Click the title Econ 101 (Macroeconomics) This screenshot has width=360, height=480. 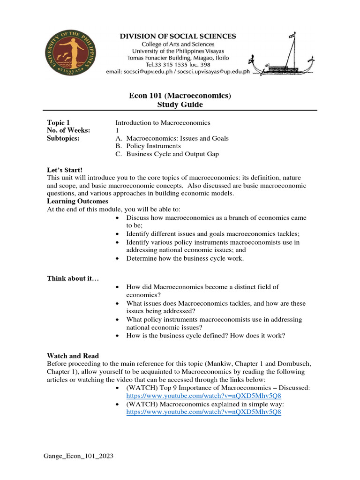click(180, 96)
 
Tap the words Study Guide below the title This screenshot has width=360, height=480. click(180, 105)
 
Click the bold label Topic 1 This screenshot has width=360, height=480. click(59, 122)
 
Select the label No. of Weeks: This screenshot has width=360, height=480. click(69, 130)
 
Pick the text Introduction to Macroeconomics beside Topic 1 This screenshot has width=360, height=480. click(163, 122)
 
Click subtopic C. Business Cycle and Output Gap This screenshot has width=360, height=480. click(167, 154)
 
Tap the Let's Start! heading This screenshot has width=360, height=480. click(65, 170)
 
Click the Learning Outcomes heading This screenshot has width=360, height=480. click(78, 201)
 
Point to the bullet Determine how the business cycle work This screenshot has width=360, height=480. click(185, 258)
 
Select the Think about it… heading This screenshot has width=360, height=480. click(73, 278)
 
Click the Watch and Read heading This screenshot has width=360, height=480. click(73, 356)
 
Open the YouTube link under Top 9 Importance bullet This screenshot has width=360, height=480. click(203, 397)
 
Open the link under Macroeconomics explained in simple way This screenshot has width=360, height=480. click(203, 412)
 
